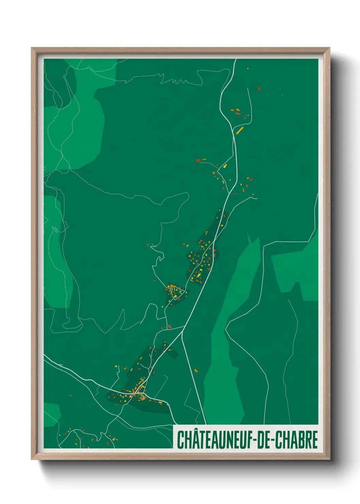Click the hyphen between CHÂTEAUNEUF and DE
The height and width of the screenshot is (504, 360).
click(x=253, y=440)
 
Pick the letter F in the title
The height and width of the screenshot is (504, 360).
click(x=248, y=440)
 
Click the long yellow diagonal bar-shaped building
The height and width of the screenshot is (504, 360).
click(x=240, y=130)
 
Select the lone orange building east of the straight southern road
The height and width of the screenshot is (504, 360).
click(x=196, y=370)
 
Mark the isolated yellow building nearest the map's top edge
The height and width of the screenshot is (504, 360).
click(x=248, y=68)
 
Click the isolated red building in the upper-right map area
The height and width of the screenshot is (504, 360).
click(x=259, y=89)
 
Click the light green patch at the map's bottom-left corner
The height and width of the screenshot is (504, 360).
click(x=52, y=414)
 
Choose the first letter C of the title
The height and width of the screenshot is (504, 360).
click(x=180, y=440)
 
